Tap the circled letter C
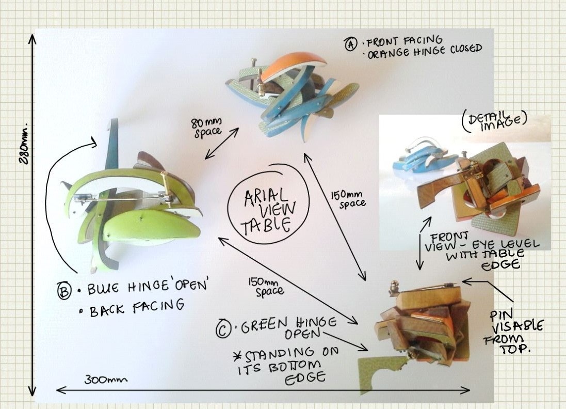(223, 328)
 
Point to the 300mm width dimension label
(106, 380)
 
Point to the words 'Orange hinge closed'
(425, 52)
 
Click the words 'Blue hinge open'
(148, 287)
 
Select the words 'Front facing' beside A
(405, 41)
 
